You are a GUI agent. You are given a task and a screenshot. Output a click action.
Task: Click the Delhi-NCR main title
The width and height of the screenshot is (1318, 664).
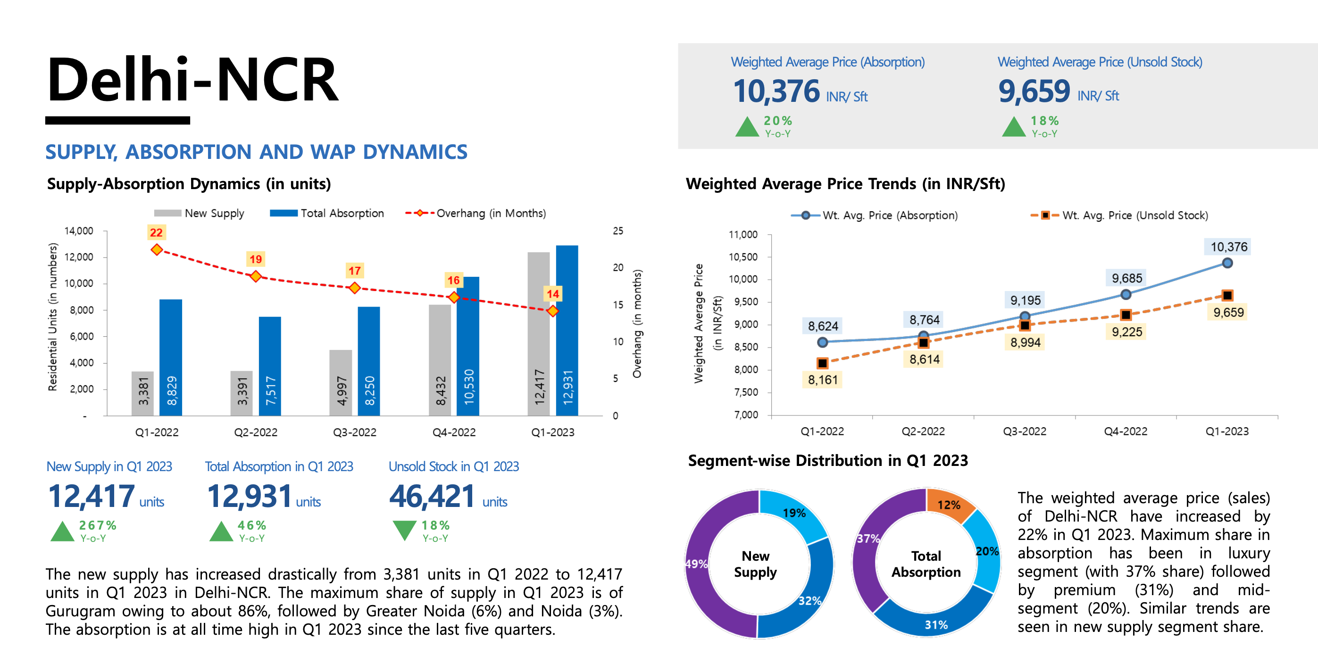coord(192,80)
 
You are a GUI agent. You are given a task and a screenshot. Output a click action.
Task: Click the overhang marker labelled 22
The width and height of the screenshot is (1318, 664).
coord(157,249)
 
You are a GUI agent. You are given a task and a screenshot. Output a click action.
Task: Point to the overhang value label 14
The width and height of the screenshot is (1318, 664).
coord(552,294)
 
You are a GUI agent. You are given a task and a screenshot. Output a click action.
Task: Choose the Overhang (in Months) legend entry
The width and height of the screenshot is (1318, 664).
coord(475,213)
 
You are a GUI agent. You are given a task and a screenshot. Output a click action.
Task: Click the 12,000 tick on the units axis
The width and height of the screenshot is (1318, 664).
coord(79,257)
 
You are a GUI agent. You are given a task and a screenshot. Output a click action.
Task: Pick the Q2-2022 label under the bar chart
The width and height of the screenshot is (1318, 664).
coord(255,432)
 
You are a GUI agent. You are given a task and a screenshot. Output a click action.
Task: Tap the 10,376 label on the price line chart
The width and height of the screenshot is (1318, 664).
coord(1228,247)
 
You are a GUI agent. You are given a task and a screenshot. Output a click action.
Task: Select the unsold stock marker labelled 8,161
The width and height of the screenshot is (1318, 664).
coord(822,363)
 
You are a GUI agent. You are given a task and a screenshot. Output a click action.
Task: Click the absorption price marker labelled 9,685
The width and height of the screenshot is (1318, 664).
coord(1126,295)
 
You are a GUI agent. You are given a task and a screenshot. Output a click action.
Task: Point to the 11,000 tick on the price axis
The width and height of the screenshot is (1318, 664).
coord(743,235)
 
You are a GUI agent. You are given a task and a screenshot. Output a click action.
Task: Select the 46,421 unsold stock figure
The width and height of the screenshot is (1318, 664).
coord(433,497)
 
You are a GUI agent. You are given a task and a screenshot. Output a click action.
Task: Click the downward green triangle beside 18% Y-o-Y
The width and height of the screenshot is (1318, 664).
coord(404,530)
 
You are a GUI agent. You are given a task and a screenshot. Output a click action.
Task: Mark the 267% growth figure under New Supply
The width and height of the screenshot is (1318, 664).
coord(98,525)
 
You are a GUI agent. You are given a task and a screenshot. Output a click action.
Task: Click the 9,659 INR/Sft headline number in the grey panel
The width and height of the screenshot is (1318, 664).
coord(1034,91)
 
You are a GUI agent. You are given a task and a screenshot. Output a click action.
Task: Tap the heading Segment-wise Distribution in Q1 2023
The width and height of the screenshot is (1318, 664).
coord(828,461)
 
